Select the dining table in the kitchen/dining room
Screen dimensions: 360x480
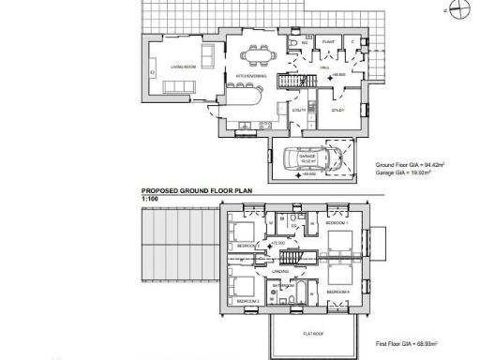255,55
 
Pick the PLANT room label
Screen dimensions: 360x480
330,43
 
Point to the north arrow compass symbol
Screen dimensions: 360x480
456,10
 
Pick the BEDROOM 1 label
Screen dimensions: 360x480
337,226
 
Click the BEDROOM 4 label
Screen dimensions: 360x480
337,292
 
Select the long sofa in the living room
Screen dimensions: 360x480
178,87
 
